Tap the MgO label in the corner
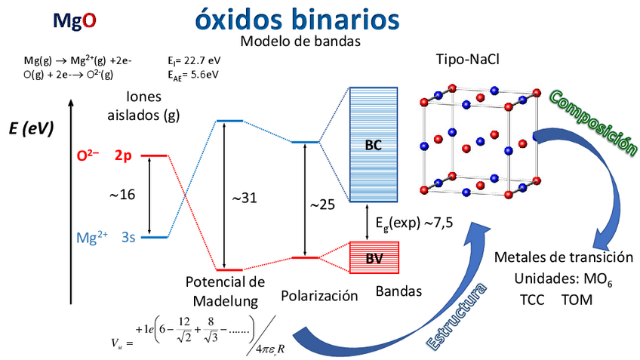click(x=74, y=20)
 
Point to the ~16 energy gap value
click(x=122, y=195)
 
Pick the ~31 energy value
click(x=246, y=198)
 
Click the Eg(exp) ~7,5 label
click(x=414, y=223)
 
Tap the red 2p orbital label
click(x=124, y=156)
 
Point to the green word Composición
click(x=594, y=122)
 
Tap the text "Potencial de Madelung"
click(x=224, y=291)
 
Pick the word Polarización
click(x=318, y=296)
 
